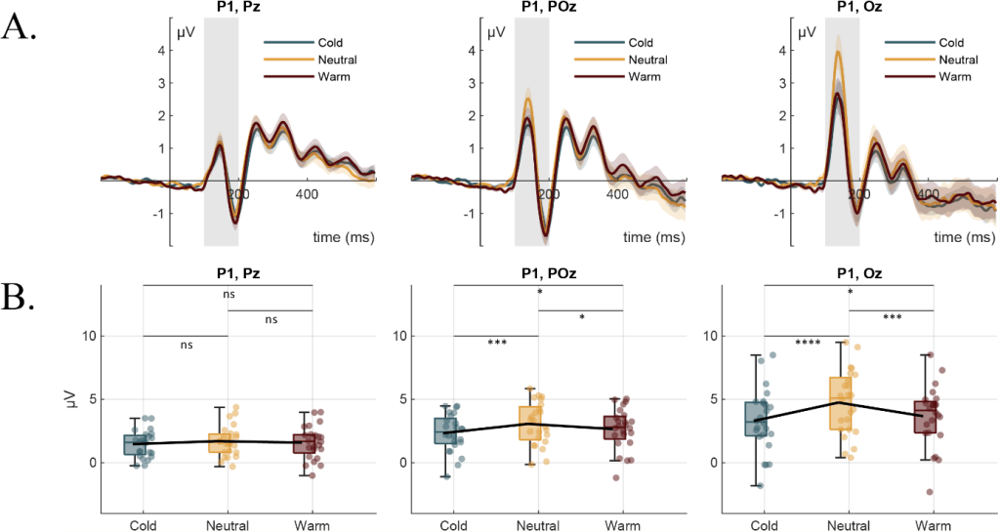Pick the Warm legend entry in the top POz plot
641,77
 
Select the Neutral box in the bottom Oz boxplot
849,402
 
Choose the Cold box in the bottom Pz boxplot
143,443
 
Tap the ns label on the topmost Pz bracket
228,293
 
